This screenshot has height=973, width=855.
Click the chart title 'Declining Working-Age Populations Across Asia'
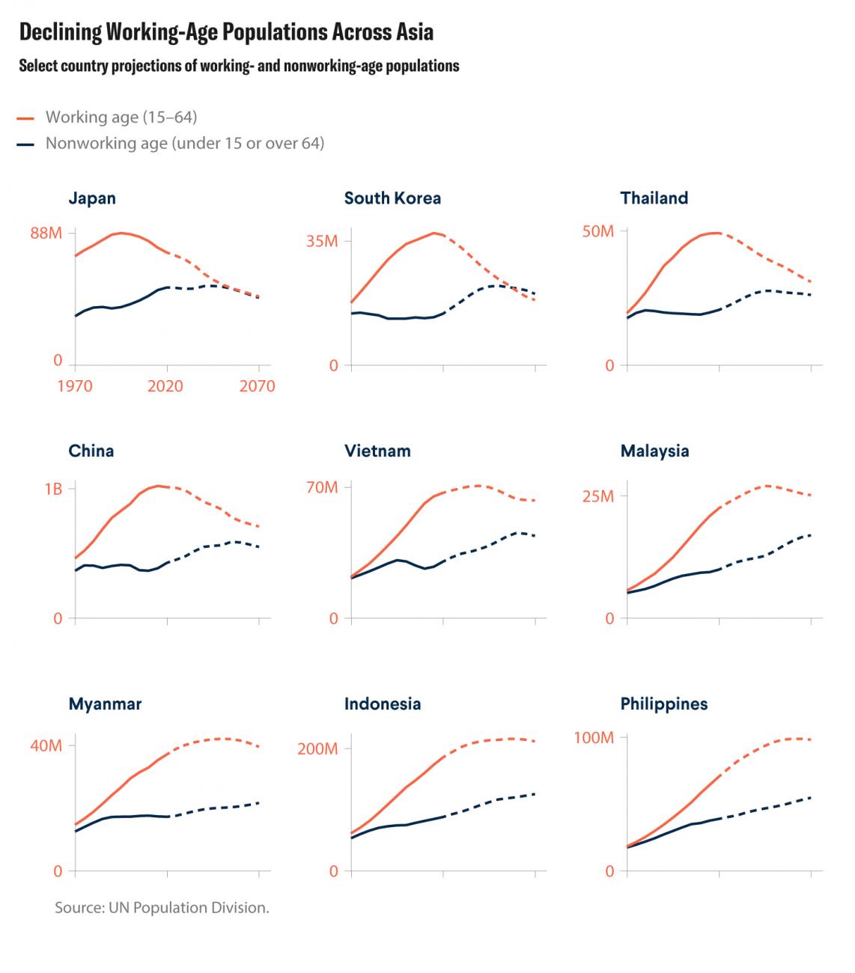tap(226, 32)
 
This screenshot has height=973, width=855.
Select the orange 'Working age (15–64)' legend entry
tap(121, 118)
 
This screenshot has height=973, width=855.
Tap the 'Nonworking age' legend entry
tap(184, 143)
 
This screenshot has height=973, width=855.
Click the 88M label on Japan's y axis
tap(46, 234)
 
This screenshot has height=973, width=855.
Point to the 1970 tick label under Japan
tap(74, 387)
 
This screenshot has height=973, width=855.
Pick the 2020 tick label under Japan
tap(166, 387)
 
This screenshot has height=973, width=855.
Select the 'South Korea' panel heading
tap(392, 198)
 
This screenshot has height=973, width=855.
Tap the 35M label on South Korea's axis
tap(322, 241)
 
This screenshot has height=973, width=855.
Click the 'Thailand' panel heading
tap(654, 198)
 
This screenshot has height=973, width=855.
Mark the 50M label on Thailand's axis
tap(598, 232)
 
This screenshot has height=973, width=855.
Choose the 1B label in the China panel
tap(53, 489)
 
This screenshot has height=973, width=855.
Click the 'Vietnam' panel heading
tap(377, 451)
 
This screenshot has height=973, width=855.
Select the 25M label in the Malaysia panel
tap(598, 496)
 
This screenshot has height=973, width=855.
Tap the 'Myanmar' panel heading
tap(105, 704)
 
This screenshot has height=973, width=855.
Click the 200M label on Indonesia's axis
tap(318, 749)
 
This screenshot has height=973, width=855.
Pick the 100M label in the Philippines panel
tap(594, 738)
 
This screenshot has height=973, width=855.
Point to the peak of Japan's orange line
tap(121, 233)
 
